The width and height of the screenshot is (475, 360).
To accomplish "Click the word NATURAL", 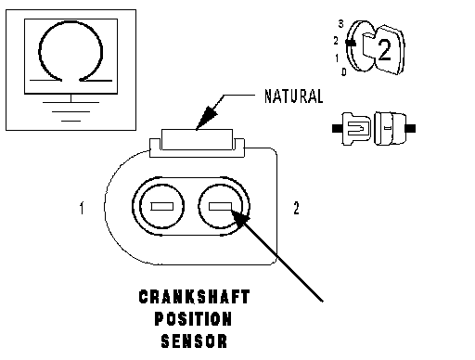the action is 294,96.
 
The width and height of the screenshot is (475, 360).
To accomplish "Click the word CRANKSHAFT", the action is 194,297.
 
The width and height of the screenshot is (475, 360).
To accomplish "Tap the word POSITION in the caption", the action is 193,319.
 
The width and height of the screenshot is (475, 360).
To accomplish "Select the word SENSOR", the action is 194,341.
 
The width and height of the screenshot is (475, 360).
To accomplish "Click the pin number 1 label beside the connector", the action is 82,208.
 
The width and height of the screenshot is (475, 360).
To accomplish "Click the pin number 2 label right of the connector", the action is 296,208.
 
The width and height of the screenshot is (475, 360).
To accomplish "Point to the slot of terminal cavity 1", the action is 161,206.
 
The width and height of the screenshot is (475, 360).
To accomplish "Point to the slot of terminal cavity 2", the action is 220,206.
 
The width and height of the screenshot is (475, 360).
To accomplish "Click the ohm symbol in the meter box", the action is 71,51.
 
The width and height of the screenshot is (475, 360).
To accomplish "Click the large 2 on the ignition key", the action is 385,49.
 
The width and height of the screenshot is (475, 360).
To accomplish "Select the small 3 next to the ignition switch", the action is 340,24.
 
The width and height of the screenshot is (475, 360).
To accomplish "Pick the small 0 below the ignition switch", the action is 344,72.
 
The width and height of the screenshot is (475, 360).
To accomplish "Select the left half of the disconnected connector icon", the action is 352,128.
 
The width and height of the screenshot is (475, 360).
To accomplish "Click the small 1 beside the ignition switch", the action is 337,58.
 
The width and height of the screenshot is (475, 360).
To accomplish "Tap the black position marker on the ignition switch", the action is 351,43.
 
